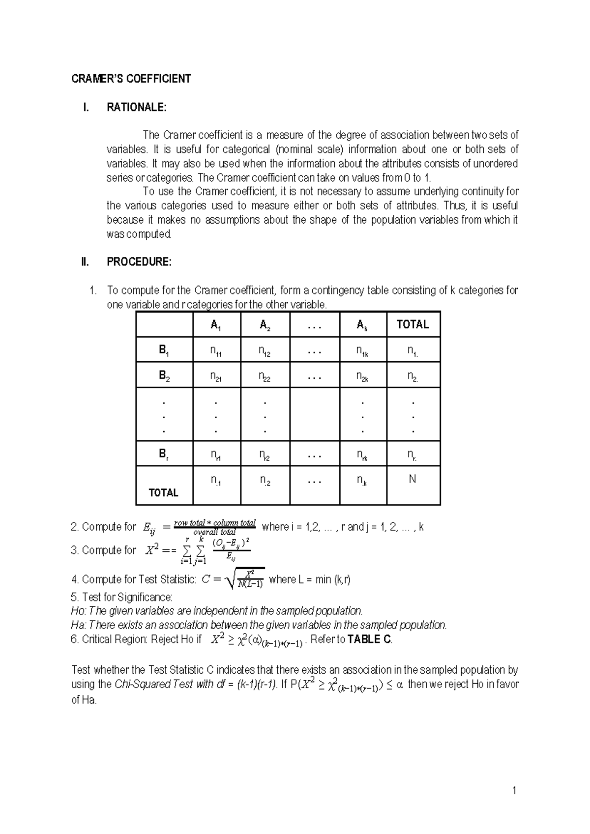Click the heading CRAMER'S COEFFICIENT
click(x=131, y=79)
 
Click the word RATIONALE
click(x=136, y=107)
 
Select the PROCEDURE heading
click(x=139, y=262)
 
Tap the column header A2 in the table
click(x=265, y=325)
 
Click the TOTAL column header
click(x=413, y=324)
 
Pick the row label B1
click(x=164, y=350)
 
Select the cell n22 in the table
click(x=265, y=377)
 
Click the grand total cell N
click(x=413, y=479)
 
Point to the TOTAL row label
click(x=163, y=492)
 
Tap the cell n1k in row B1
click(x=362, y=351)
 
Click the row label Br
click(x=164, y=454)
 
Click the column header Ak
click(x=362, y=325)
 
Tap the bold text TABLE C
click(x=369, y=639)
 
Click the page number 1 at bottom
click(x=514, y=791)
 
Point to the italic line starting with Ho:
click(x=217, y=611)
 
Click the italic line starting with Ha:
click(x=259, y=625)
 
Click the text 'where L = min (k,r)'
click(x=310, y=579)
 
